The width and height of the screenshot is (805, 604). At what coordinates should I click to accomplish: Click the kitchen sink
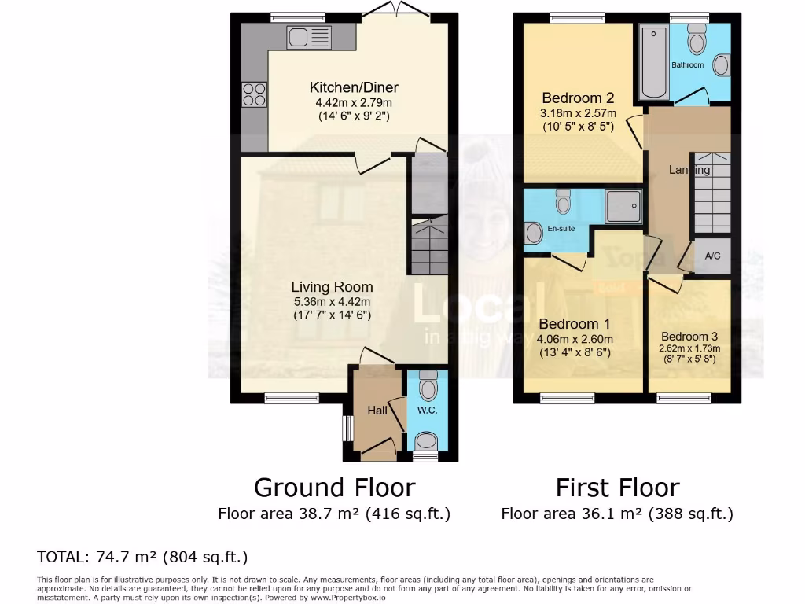coord(310,36)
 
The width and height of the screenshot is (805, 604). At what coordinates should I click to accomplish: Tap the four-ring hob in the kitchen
coord(255,94)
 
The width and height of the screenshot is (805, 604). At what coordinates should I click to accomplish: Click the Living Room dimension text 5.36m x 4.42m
coord(331,301)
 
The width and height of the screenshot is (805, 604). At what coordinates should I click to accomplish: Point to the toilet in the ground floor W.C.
coord(428,386)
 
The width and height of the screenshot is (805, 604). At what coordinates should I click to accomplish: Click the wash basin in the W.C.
coord(426,440)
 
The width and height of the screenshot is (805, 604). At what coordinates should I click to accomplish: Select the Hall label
coord(377,410)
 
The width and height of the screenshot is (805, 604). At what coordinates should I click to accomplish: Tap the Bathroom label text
coord(688,65)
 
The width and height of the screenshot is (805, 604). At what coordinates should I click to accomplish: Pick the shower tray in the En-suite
coord(623,205)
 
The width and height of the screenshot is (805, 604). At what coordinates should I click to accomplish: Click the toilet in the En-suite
coord(563,202)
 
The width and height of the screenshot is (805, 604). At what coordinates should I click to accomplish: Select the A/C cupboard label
coord(712,256)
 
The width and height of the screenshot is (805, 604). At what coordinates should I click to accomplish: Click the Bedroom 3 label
coord(689,337)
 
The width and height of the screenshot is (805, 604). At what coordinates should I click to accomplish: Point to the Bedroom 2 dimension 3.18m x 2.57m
coord(578,112)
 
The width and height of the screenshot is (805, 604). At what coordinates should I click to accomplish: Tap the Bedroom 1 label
coord(574,324)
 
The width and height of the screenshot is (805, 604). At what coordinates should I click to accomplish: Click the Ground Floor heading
coord(334,488)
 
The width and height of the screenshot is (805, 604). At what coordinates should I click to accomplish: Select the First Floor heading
coord(617,488)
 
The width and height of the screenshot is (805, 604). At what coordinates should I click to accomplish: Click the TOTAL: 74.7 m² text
coord(142,558)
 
